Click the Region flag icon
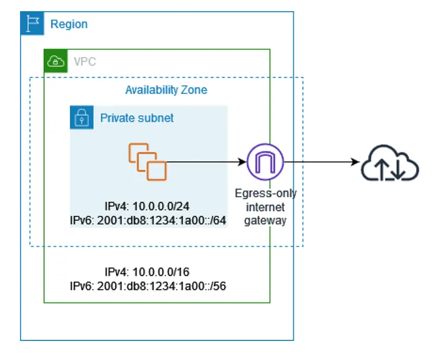tap(32, 24)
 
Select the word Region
tap(69, 24)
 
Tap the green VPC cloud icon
tap(55, 61)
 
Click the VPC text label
tap(84, 61)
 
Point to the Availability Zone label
tap(166, 90)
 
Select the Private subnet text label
tap(137, 118)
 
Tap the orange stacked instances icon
tap(147, 160)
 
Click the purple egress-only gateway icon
tap(265, 161)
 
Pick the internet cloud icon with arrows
tap(391, 162)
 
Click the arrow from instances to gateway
tap(205, 161)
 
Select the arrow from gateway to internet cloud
tap(321, 161)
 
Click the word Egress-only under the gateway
tap(265, 194)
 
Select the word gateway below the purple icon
tap(265, 220)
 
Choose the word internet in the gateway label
tap(265, 207)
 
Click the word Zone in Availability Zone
tap(194, 90)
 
